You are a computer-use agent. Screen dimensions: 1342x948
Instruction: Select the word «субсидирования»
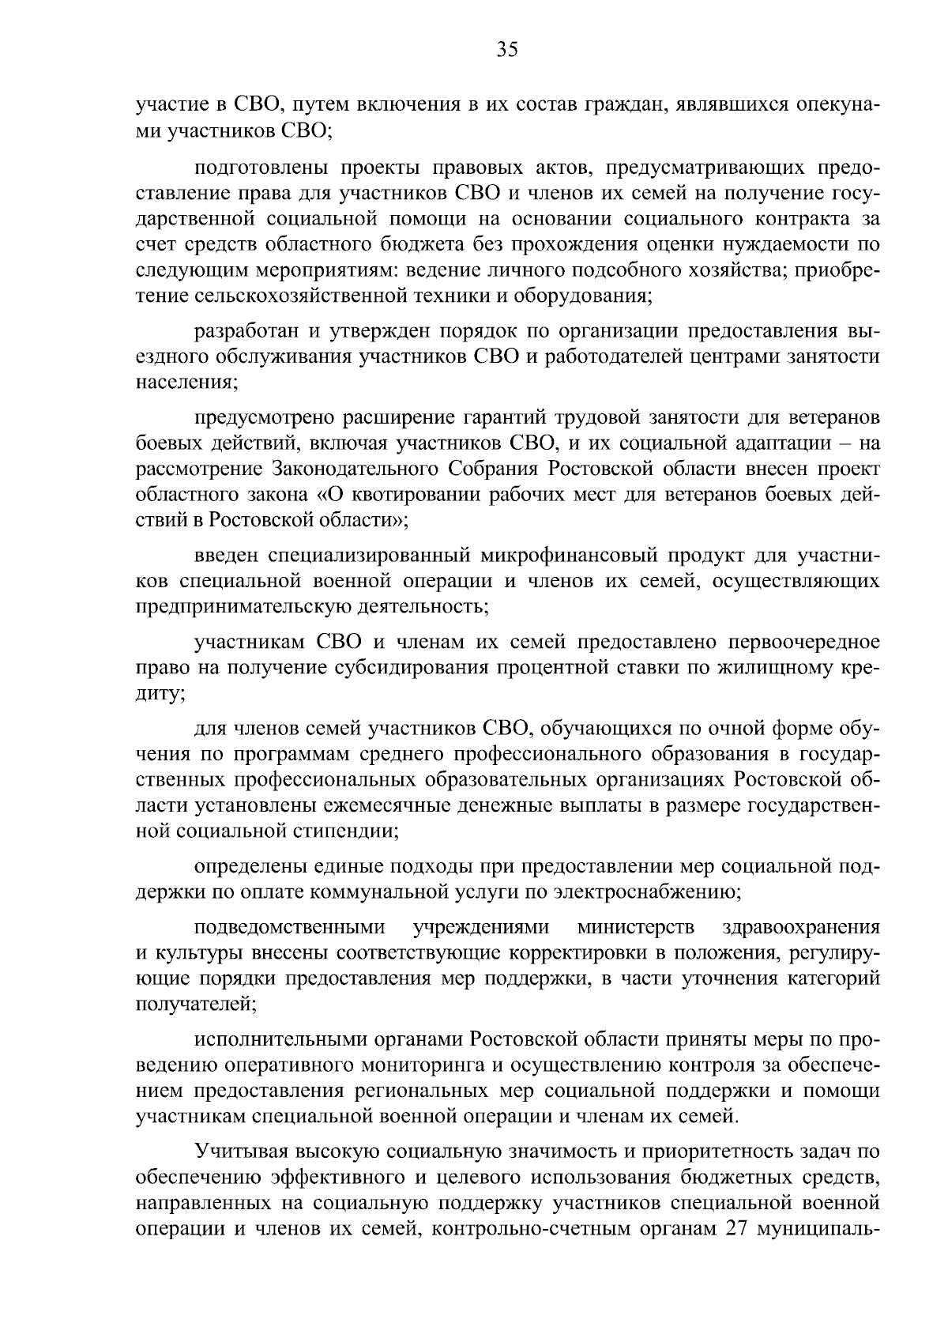[415, 667]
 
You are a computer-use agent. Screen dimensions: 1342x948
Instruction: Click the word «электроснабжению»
[662, 892]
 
